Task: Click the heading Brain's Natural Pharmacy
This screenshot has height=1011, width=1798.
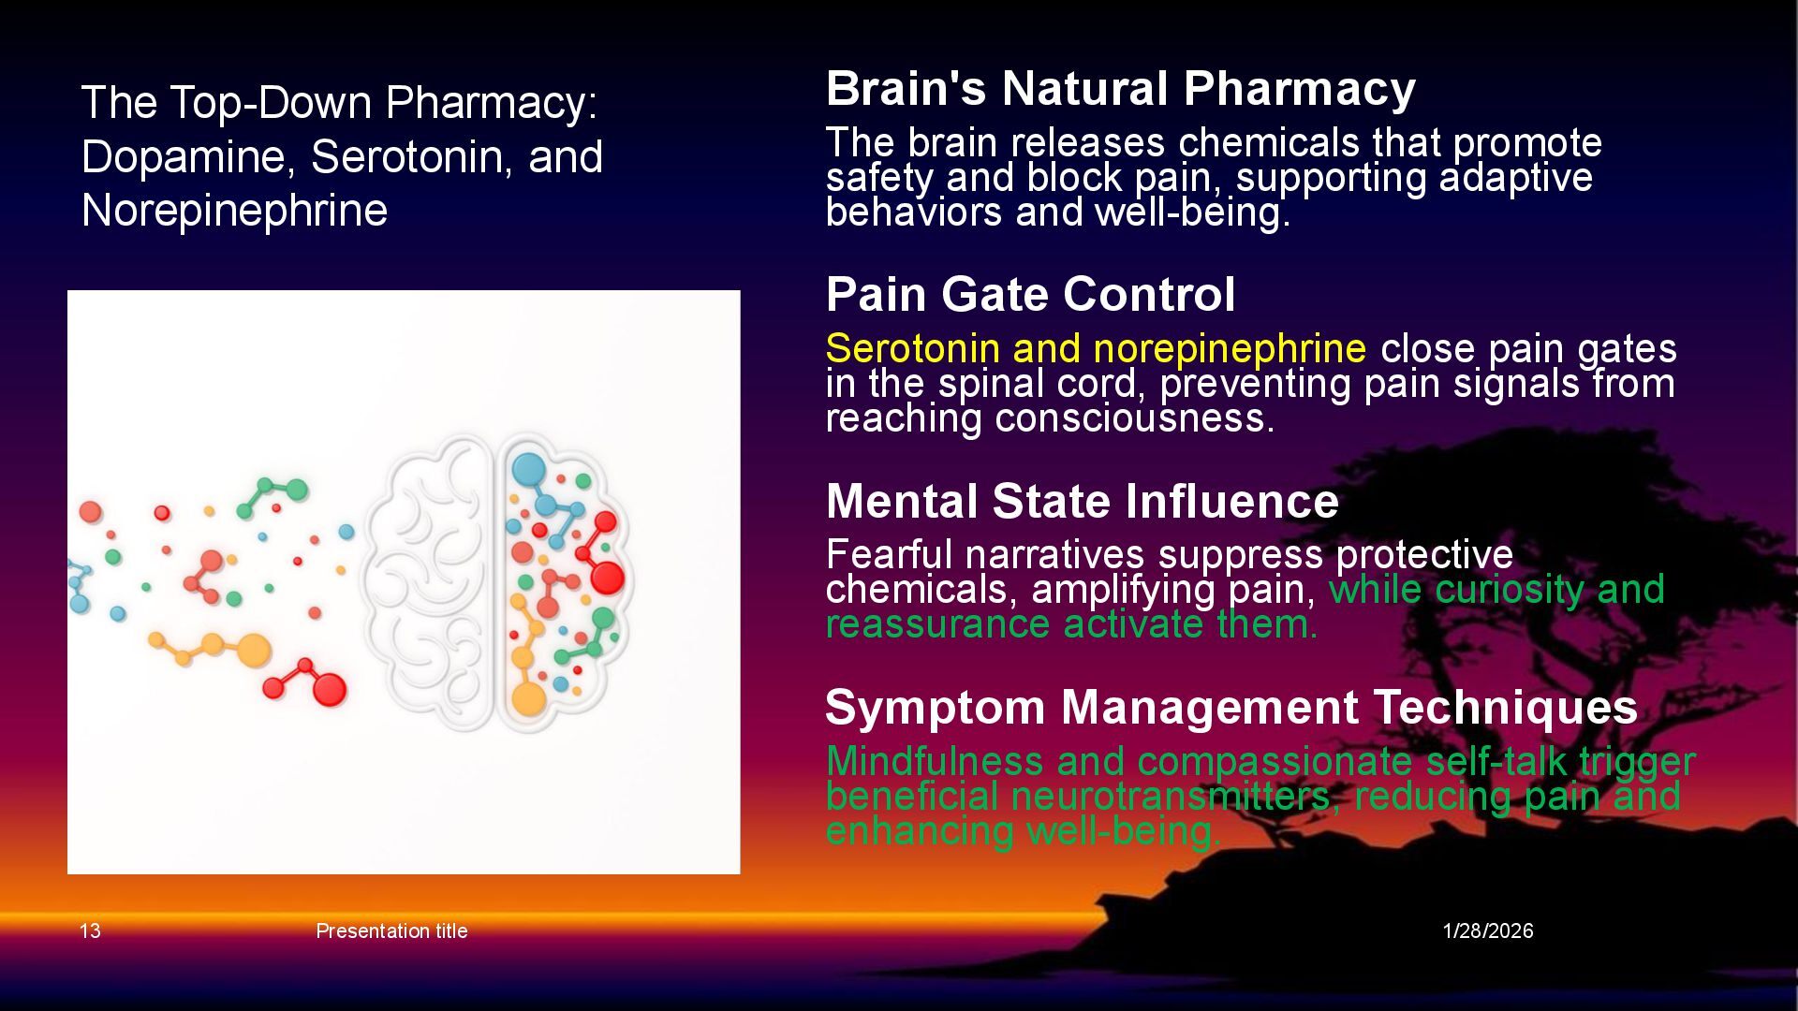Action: click(x=1120, y=89)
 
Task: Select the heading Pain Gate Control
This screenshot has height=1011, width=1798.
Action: click(x=1030, y=294)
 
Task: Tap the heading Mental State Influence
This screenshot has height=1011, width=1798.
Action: click(x=1082, y=501)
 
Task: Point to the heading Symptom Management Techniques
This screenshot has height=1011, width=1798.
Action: click(x=1231, y=707)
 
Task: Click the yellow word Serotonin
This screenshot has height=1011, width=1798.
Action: click(x=912, y=348)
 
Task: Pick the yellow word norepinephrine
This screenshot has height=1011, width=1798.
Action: click(x=1229, y=349)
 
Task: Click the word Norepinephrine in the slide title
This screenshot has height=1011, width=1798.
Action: click(x=234, y=211)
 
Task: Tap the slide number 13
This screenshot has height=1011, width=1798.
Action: click(x=90, y=930)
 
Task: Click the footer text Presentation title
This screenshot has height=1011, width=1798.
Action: click(x=391, y=930)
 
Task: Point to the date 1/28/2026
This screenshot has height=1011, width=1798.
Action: click(x=1487, y=930)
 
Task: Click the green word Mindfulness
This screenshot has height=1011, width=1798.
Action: click(x=934, y=761)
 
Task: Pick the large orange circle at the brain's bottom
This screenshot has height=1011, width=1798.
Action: click(x=528, y=698)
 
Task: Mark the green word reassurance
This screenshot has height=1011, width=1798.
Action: click(x=936, y=624)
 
